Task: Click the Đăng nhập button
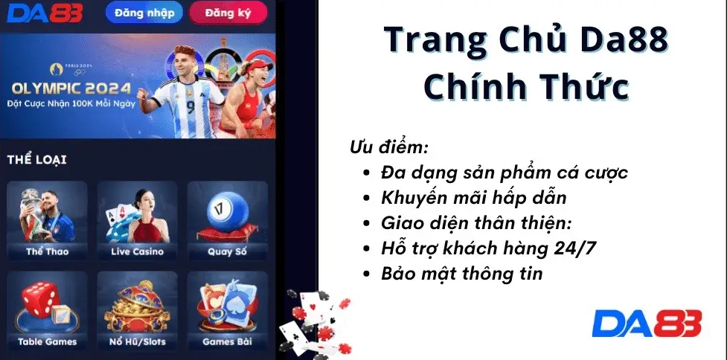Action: click(144, 13)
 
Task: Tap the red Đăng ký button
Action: click(228, 13)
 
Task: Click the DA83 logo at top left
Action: click(45, 13)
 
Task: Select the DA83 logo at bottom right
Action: click(647, 324)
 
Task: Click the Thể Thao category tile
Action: click(48, 220)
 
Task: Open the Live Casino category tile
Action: click(137, 220)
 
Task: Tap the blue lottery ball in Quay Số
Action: click(228, 210)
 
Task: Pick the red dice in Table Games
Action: click(40, 299)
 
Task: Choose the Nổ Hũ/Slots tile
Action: click(137, 310)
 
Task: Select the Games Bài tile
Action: click(228, 310)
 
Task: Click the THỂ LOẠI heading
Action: click(36, 160)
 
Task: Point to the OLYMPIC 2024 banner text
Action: click(71, 89)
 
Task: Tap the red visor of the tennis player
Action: click(257, 65)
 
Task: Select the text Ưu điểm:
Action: click(388, 148)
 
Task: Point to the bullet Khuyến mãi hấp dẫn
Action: click(474, 198)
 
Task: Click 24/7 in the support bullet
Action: click(575, 249)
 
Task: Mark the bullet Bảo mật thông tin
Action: click(462, 274)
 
